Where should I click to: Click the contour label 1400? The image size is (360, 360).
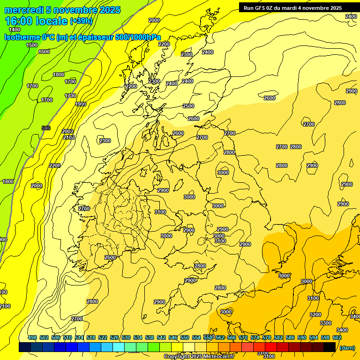(15, 30)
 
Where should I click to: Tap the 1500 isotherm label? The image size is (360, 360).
(32, 45)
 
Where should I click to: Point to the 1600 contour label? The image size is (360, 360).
(44, 52)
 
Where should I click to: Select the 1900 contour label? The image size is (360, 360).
(81, 104)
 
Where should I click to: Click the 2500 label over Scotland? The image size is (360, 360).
(188, 106)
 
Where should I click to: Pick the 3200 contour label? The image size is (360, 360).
(315, 315)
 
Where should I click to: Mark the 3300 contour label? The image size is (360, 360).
(326, 323)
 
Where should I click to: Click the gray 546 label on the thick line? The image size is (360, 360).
(46, 128)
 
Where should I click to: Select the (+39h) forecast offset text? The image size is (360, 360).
(81, 21)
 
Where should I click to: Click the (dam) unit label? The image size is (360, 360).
(347, 348)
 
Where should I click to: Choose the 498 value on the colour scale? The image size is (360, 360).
(32, 338)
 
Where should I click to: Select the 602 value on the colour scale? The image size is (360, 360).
(337, 338)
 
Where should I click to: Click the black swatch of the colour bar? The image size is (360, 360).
(330, 347)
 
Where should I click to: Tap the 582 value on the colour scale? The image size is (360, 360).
(278, 338)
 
